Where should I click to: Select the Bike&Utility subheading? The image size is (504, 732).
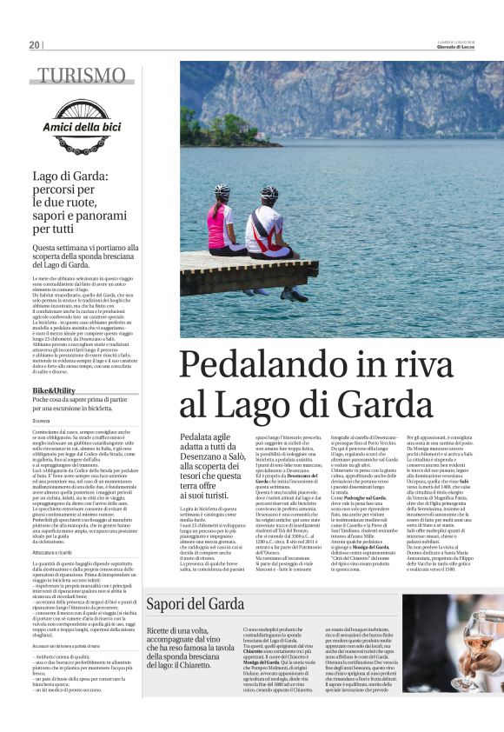point(55,391)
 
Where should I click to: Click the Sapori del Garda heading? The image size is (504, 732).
point(196,604)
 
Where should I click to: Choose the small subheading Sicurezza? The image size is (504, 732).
point(43,420)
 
